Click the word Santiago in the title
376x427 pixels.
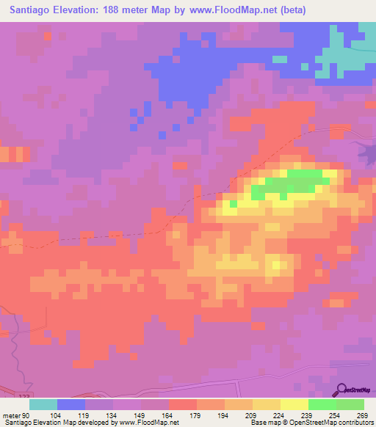click(33, 10)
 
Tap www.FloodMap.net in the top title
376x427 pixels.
click(233, 10)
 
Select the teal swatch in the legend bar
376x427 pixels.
click(43, 404)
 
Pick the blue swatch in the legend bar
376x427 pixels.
click(71, 404)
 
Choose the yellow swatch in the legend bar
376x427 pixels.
click(294, 404)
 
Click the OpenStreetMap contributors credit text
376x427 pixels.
click(330, 423)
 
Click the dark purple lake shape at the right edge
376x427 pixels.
click(366, 153)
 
